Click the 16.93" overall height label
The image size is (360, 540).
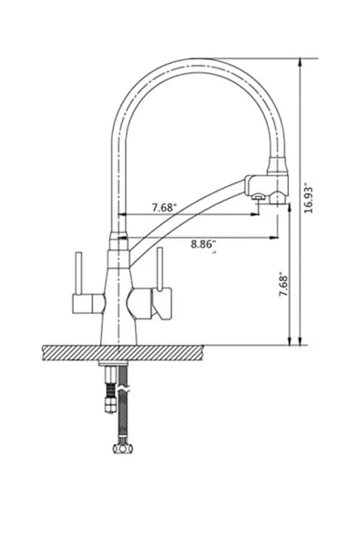(309, 200)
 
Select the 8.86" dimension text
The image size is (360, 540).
(203, 244)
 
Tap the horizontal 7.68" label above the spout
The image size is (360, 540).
(165, 207)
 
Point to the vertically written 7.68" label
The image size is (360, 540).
(283, 286)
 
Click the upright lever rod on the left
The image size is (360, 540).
(78, 274)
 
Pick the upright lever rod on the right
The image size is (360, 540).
(159, 268)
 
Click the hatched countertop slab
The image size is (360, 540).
(123, 353)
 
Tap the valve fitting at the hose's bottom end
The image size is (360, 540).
(122, 449)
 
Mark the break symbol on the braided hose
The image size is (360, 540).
(123, 389)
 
